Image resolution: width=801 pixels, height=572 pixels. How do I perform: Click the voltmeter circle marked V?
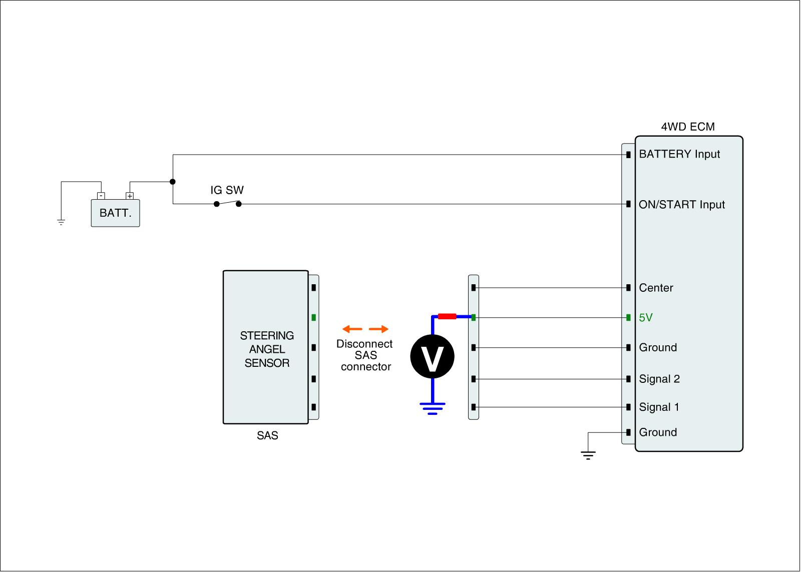[x=432, y=357]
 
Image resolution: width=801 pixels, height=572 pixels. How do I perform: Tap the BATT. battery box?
[x=115, y=213]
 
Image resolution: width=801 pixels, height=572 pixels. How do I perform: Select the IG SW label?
[x=227, y=190]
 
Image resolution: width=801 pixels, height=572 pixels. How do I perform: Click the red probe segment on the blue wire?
[x=447, y=316]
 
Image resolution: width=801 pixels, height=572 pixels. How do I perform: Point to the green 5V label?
[x=646, y=318]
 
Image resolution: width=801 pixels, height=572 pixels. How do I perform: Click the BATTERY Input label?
[x=679, y=154]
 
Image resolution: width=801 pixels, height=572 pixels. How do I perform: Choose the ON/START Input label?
[x=682, y=205]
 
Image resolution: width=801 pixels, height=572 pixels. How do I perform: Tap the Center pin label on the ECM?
[x=656, y=288]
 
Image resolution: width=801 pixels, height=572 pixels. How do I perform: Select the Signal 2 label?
[x=659, y=379]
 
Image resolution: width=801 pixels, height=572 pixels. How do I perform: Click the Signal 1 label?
[x=659, y=407]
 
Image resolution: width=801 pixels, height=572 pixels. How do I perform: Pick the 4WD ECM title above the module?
[x=688, y=127]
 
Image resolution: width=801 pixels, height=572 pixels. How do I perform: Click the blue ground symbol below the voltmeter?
[x=433, y=408]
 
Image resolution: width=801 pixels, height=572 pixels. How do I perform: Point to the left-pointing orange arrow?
[x=352, y=329]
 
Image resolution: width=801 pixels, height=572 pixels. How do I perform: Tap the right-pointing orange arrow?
[x=379, y=329]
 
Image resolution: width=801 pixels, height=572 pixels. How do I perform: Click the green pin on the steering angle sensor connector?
[x=313, y=317]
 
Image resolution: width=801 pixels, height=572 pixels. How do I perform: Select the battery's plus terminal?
[x=130, y=196]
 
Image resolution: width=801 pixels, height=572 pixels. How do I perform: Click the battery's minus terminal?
[x=101, y=196]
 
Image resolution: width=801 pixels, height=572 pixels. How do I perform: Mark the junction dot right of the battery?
[x=173, y=182]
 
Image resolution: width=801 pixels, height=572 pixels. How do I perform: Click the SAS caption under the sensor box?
[x=267, y=436]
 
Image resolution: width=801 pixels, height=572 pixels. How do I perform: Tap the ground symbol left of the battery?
[x=61, y=222]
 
